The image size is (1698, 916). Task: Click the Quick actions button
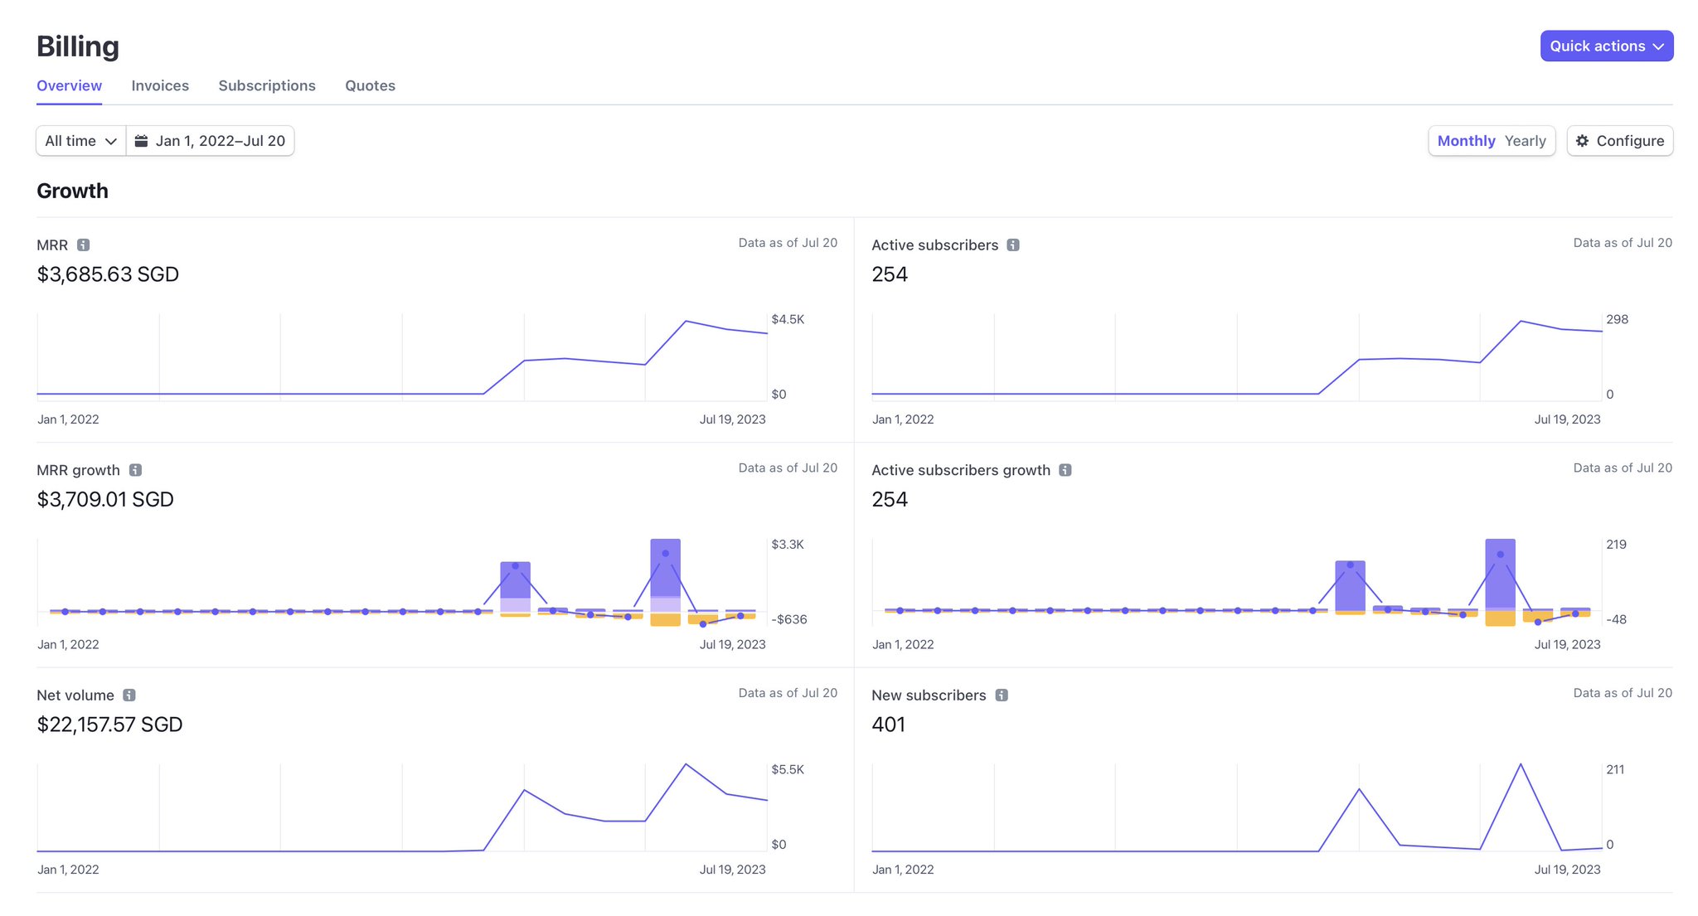(1606, 46)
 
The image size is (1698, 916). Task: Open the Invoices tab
(160, 85)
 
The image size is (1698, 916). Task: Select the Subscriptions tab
(267, 85)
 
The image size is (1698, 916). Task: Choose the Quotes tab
(370, 85)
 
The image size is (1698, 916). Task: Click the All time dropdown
(80, 141)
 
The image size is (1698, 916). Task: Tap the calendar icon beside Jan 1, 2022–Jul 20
(142, 141)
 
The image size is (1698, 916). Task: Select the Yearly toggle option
(1525, 141)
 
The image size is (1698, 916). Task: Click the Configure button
(1619, 141)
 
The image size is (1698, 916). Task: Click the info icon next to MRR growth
(135, 470)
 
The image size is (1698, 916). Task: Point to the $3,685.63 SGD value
(108, 274)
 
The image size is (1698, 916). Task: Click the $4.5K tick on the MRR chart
(787, 319)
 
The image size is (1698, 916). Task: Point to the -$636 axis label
(788, 619)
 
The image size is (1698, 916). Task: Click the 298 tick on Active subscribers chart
(1617, 319)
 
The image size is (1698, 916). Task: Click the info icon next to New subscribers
(1002, 695)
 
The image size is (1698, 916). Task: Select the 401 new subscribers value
(888, 725)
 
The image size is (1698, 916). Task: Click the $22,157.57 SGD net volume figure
(109, 725)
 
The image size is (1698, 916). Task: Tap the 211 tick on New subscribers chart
(1615, 769)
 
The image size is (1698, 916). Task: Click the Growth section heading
(72, 191)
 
